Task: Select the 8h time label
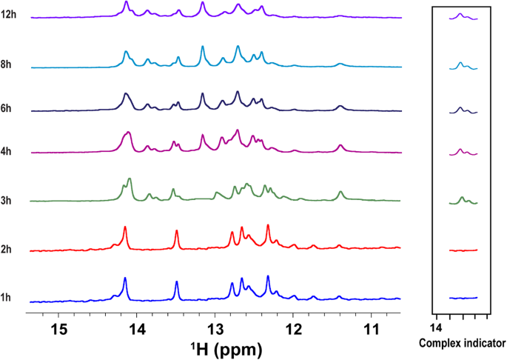(7, 64)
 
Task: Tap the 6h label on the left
(7, 108)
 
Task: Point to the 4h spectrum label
(7, 151)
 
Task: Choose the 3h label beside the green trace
(7, 200)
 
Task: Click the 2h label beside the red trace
(7, 250)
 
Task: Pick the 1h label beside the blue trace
(7, 298)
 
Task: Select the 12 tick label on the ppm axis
(294, 328)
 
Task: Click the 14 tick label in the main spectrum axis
(138, 328)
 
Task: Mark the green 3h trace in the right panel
(463, 200)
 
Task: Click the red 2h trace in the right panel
(463, 250)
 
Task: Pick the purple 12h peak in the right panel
(460, 15)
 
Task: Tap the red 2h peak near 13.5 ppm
(177, 233)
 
